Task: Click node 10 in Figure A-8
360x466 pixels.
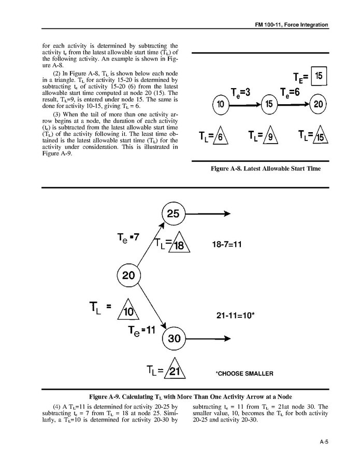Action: [x=221, y=105]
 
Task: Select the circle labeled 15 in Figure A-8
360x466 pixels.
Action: [x=269, y=105]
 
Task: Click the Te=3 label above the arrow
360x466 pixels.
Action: [x=240, y=92]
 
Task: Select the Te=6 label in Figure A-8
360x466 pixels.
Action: [x=291, y=92]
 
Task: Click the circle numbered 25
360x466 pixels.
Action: [x=174, y=213]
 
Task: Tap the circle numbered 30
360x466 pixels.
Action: [x=174, y=338]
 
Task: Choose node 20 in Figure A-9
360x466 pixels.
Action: [x=128, y=275]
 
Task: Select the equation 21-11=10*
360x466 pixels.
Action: [x=235, y=315]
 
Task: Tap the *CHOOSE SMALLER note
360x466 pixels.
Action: [x=244, y=373]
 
